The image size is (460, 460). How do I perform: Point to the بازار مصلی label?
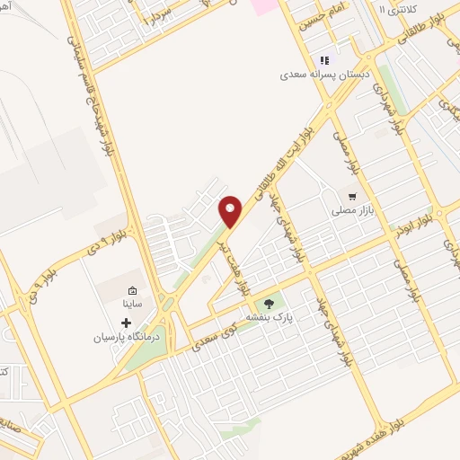pyautogui.click(x=355, y=209)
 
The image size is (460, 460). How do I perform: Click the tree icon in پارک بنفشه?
pyautogui.click(x=268, y=303)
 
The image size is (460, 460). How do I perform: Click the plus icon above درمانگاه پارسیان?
pyautogui.click(x=126, y=322)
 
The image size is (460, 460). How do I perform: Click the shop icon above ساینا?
pyautogui.click(x=132, y=291)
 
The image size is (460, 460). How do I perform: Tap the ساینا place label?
pyautogui.click(x=133, y=305)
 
